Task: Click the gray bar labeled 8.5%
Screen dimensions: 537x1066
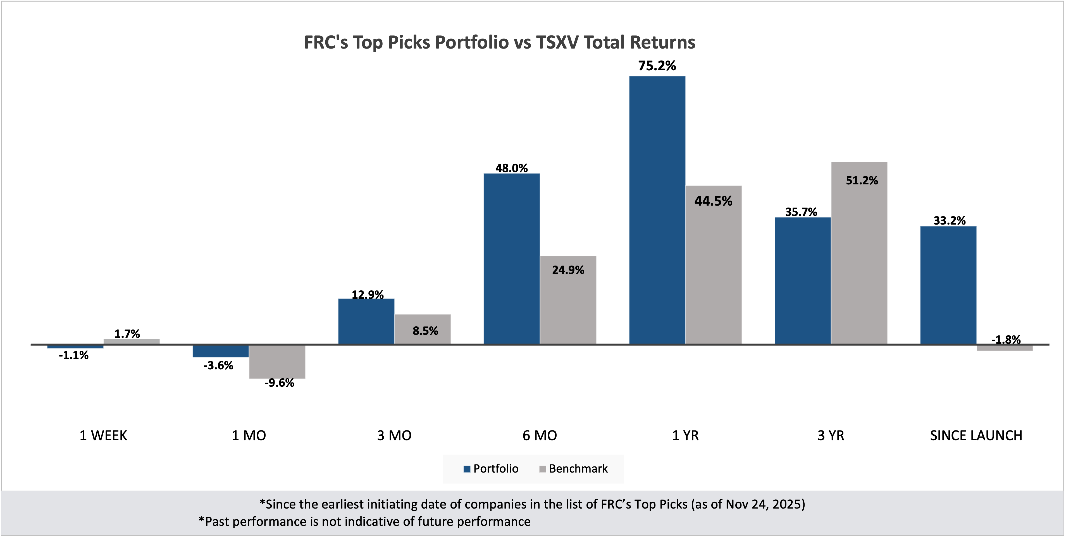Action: coord(423,329)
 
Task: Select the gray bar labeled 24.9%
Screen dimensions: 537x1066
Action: coord(568,299)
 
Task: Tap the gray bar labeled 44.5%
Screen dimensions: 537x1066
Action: coord(714,264)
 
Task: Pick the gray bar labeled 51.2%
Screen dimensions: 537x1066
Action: coord(859,252)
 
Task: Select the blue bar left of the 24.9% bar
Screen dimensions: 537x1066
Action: coord(511,258)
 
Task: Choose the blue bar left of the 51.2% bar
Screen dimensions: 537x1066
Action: coord(802,280)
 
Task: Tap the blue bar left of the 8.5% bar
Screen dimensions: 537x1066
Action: coord(366,321)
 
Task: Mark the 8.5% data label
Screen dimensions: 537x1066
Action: coord(425,331)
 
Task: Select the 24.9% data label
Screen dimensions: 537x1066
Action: coord(568,270)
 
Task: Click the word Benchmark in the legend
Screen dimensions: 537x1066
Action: coord(578,469)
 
